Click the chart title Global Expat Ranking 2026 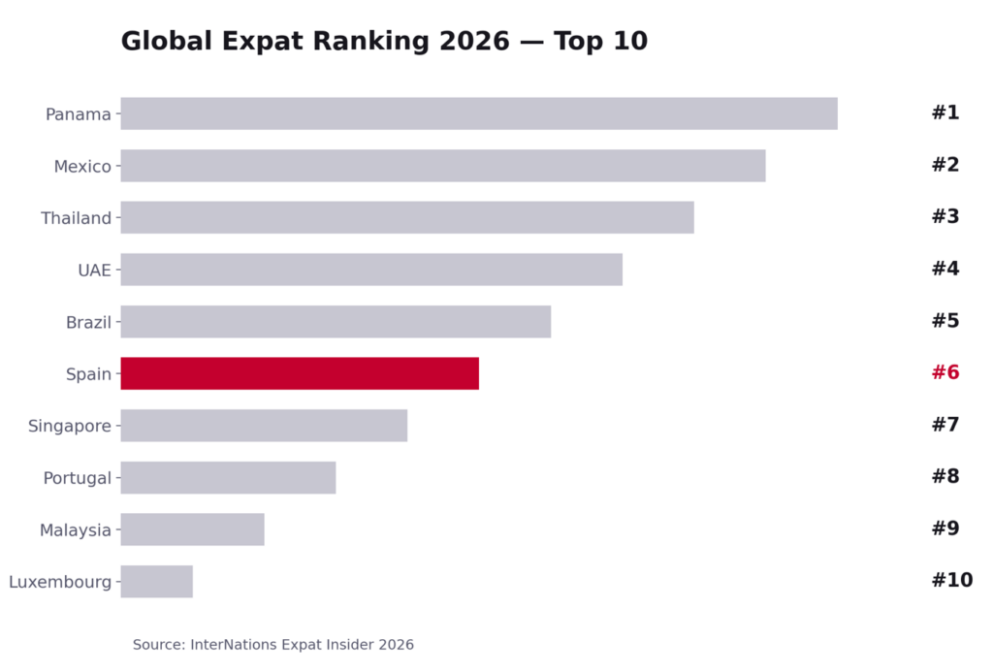coord(384,41)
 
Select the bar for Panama coord(479,113)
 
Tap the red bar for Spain coord(300,373)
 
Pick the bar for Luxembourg coord(156,581)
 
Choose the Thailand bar coord(407,217)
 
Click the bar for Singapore coord(264,425)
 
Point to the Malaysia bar coord(193,528)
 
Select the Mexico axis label coord(82,167)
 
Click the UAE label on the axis coord(94,271)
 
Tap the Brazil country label coord(88,322)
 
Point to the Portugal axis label coord(78,478)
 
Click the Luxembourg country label coord(60,582)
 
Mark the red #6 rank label coord(945,371)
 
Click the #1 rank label coord(945,112)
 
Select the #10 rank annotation coord(952,580)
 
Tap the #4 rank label coord(945,268)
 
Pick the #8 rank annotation coord(945,476)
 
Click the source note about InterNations coord(272,645)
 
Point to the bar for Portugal coord(228,477)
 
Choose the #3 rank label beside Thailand coord(945,216)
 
